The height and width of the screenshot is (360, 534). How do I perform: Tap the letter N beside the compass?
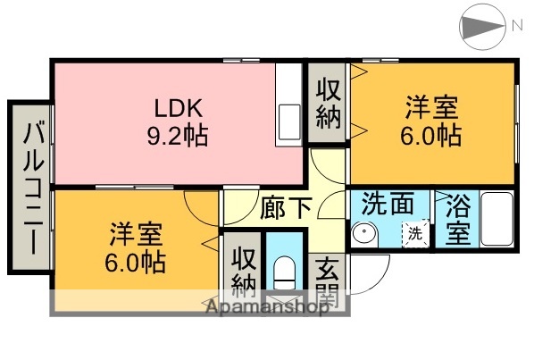(x=516, y=28)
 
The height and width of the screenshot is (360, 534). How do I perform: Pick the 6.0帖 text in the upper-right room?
(x=431, y=136)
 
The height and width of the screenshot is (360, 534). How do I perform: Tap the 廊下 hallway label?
(x=286, y=207)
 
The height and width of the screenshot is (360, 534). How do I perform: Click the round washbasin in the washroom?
(x=364, y=235)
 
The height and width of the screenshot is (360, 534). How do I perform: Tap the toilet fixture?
(x=285, y=271)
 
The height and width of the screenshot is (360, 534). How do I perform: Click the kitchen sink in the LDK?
(x=291, y=119)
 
